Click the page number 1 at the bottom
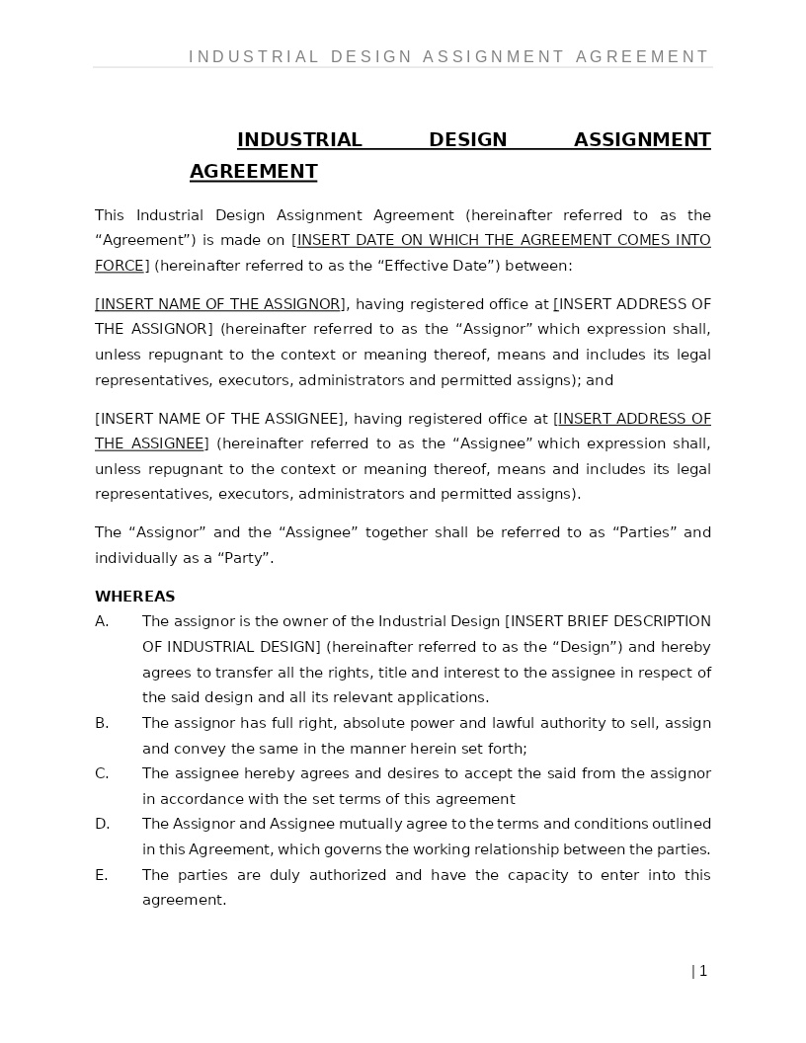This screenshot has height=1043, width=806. [702, 971]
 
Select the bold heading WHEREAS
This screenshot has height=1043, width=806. [134, 597]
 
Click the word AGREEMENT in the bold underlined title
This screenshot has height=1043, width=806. [253, 172]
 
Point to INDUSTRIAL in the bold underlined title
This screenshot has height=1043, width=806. [299, 140]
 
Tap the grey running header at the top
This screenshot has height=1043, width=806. [448, 57]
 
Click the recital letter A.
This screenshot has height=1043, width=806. [101, 621]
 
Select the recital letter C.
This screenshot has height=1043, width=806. [101, 773]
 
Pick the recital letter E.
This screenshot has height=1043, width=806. [101, 875]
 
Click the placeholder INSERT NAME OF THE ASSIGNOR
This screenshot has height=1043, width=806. [220, 304]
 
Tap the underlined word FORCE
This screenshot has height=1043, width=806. [120, 266]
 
